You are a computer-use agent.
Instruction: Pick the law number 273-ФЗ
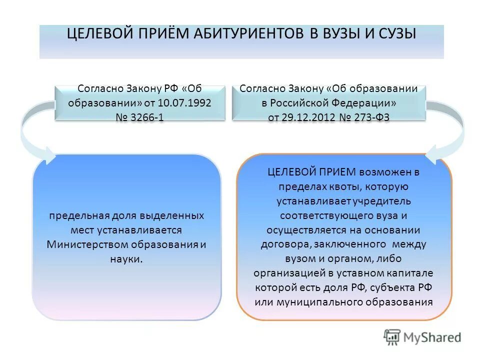coord(370,117)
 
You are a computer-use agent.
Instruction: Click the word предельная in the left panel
coord(74,216)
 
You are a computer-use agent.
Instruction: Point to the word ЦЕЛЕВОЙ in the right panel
coord(290,172)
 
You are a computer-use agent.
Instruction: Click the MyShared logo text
coord(430,337)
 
